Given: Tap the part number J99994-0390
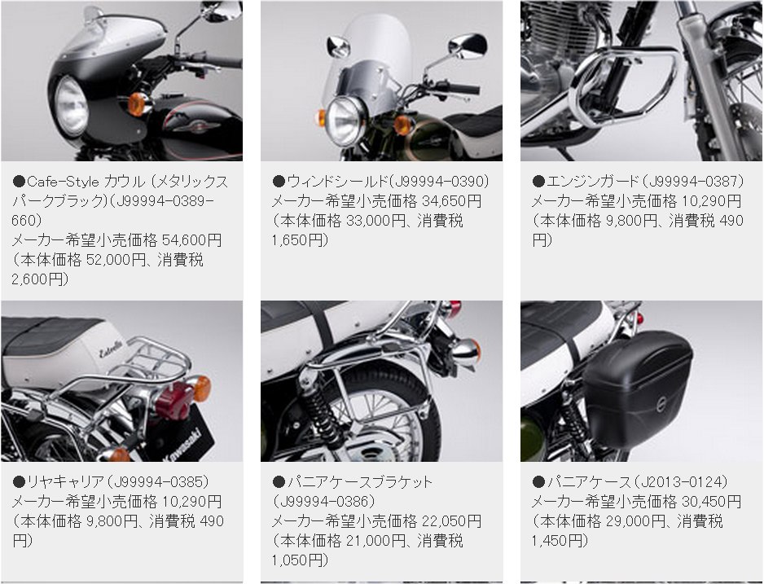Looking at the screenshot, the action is tap(441, 182).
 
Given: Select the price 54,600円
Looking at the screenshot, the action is tap(192, 240).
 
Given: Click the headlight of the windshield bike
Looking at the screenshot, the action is tap(345, 120).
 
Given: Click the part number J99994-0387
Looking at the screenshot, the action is tap(696, 182).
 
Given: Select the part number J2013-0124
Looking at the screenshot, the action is tap(683, 482).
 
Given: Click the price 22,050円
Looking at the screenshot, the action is tap(452, 521).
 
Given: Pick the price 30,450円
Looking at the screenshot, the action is tap(711, 502).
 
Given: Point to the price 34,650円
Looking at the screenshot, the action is tap(452, 201).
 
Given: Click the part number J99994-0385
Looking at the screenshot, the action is tap(161, 482).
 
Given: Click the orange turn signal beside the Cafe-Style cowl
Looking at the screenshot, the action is tap(138, 104).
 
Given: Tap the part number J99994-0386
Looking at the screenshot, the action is tap(324, 502).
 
